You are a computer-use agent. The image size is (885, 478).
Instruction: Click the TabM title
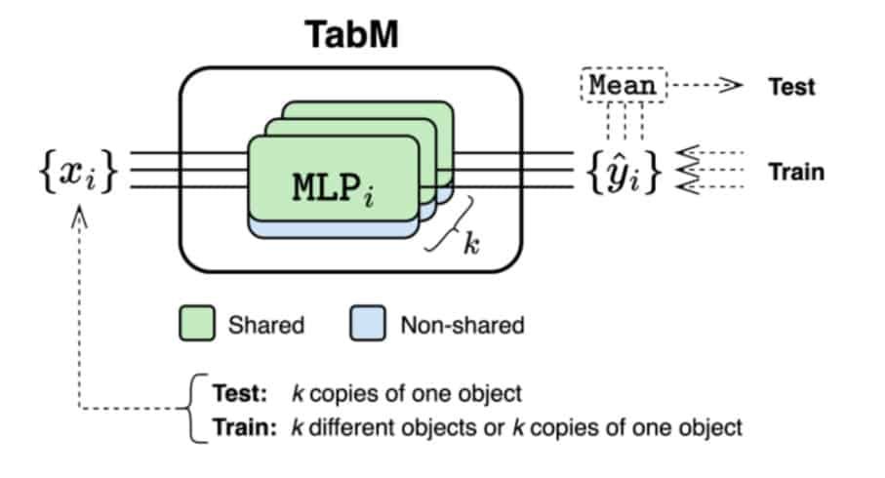click(351, 34)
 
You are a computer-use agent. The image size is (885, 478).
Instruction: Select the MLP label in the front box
click(333, 187)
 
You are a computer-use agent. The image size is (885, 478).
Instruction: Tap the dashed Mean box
click(624, 85)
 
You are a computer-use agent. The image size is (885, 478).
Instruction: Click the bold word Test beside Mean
click(791, 87)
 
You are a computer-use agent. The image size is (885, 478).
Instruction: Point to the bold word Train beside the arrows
click(796, 172)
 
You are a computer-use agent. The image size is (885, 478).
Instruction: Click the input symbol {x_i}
click(78, 170)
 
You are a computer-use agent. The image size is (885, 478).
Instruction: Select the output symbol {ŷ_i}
click(623, 171)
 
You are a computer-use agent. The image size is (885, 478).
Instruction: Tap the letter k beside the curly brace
click(471, 243)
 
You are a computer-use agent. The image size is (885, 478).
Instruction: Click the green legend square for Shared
click(197, 323)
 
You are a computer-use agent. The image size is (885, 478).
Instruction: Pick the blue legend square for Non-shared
click(368, 323)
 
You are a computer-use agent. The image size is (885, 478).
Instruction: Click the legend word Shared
click(265, 325)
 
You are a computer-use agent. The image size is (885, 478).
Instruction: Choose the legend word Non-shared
click(463, 325)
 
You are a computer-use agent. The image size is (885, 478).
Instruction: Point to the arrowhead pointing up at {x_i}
click(79, 217)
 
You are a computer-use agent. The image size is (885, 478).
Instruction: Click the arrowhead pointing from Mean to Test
click(732, 85)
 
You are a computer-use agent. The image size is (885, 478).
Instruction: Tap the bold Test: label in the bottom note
click(239, 393)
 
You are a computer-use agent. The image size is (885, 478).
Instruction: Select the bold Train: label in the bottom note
click(244, 427)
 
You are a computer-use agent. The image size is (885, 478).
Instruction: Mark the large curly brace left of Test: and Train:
click(193, 408)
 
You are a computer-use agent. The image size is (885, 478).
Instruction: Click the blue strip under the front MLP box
click(334, 229)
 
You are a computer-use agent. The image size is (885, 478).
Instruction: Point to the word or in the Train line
click(495, 428)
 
